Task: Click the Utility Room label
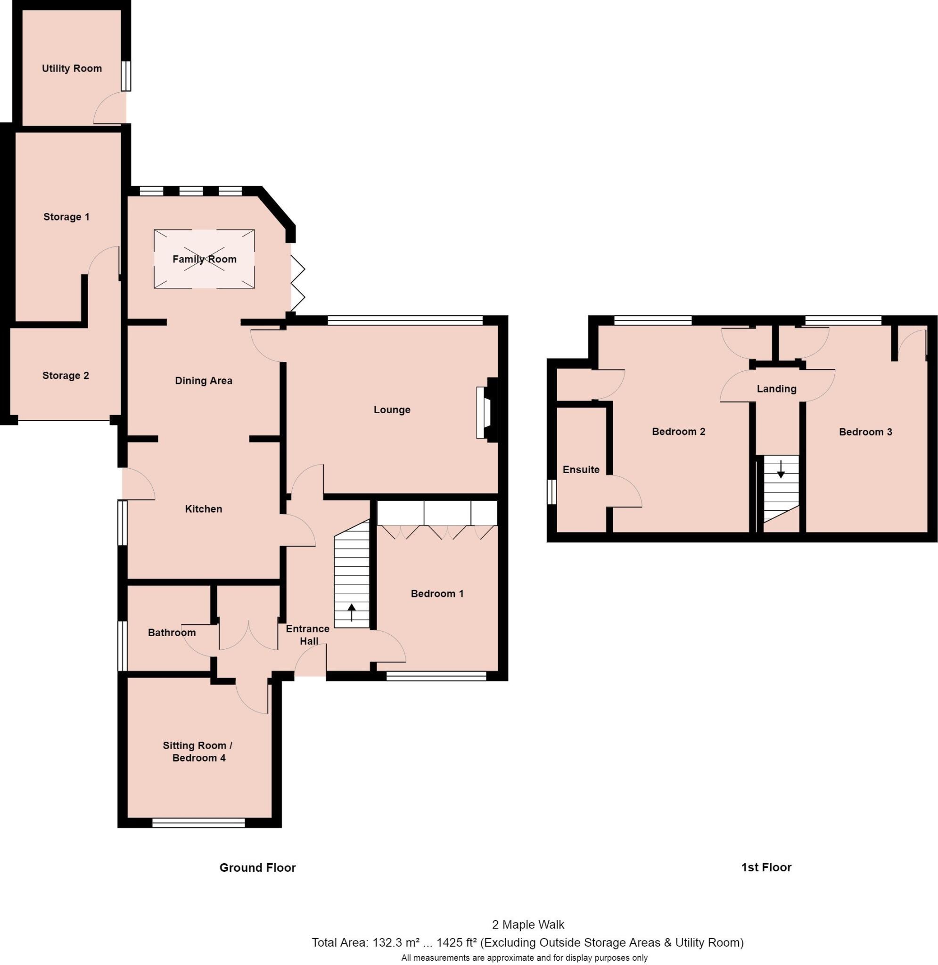pyautogui.click(x=72, y=68)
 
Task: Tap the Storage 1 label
pyautogui.click(x=66, y=217)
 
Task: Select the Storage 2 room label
pyautogui.click(x=66, y=376)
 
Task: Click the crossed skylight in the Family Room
pyautogui.click(x=205, y=259)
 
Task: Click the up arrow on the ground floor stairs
pyautogui.click(x=351, y=613)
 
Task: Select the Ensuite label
pyautogui.click(x=581, y=469)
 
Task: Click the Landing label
pyautogui.click(x=776, y=389)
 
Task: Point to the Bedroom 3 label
pyautogui.click(x=865, y=432)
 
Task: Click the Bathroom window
pyautogui.click(x=122, y=646)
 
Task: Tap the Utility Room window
pyautogui.click(x=127, y=76)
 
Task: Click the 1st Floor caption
pyautogui.click(x=766, y=867)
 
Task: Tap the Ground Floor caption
pyautogui.click(x=258, y=867)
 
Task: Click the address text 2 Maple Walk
pyautogui.click(x=528, y=924)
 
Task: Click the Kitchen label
pyautogui.click(x=204, y=509)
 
